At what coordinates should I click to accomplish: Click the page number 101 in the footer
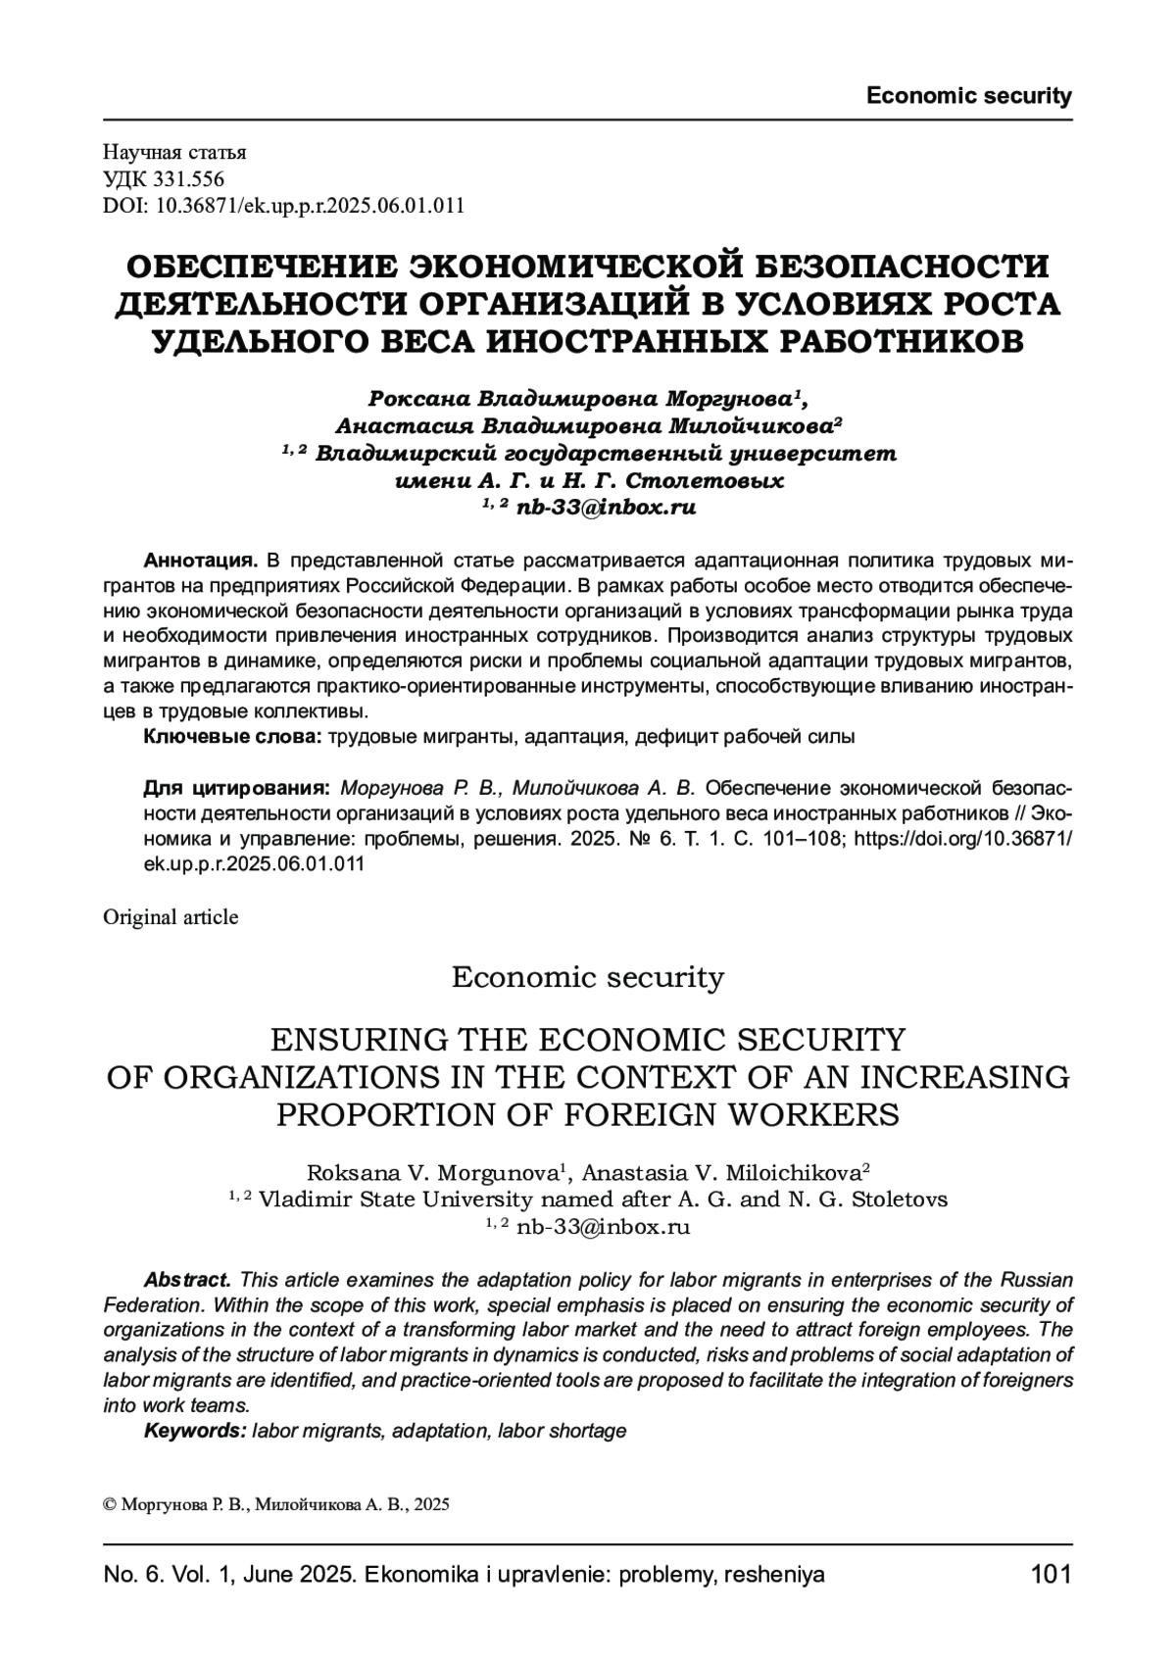(x=1052, y=1575)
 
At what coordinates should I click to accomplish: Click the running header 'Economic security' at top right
(x=968, y=96)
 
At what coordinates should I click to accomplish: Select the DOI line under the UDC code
(x=283, y=206)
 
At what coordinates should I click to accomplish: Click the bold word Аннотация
(x=201, y=562)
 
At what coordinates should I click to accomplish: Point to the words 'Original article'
(x=171, y=917)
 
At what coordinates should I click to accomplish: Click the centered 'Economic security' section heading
(x=587, y=977)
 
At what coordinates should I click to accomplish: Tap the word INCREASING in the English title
(x=964, y=1076)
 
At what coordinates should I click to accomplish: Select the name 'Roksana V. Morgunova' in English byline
(x=432, y=1173)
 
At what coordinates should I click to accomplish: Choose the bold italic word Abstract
(x=187, y=1281)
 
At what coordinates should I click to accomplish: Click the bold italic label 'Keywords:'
(x=194, y=1431)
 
